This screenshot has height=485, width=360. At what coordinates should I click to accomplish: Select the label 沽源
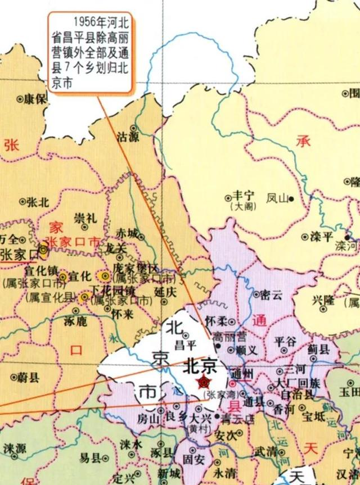pos(127,136)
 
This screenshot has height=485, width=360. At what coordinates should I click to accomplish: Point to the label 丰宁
pos(244,196)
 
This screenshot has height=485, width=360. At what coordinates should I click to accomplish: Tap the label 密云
pos(271,294)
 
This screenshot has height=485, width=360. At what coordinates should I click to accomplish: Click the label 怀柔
pos(217,321)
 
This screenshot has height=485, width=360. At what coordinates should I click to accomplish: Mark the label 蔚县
pos(27,378)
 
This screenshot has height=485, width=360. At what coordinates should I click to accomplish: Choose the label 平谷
pos(285,341)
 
